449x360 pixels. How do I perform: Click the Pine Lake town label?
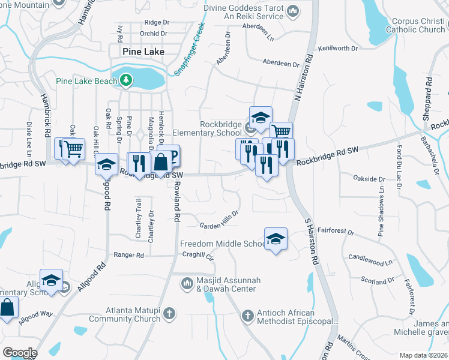click(x=143, y=52)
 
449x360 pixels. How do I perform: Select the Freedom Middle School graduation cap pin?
click(x=276, y=239)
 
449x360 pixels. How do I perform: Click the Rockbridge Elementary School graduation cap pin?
click(x=261, y=118)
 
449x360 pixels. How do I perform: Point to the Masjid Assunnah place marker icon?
click(x=187, y=281)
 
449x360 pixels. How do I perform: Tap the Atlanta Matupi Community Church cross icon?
click(x=170, y=313)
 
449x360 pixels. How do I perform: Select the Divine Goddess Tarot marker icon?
click(x=293, y=11)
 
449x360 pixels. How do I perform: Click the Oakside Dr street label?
click(x=369, y=179)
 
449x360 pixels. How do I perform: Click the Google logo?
click(x=20, y=352)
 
